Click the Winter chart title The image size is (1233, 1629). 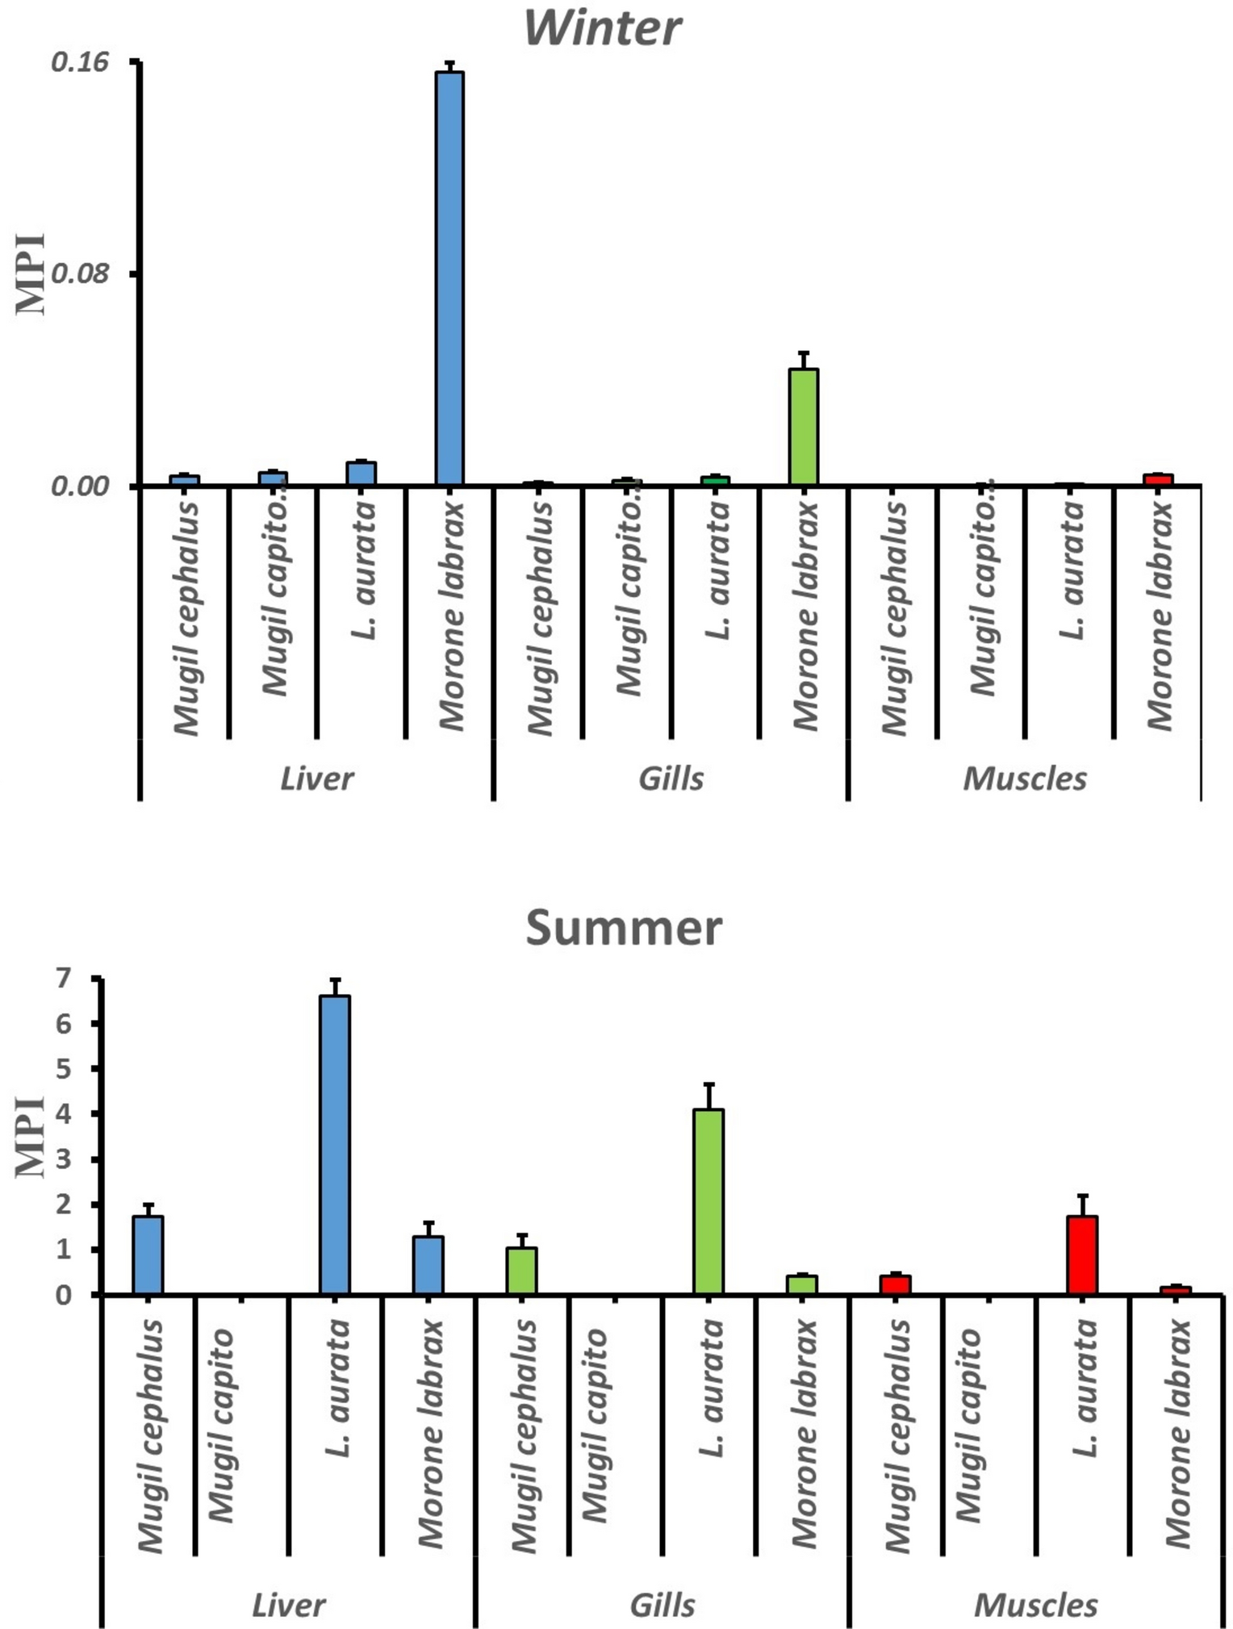pyautogui.click(x=602, y=28)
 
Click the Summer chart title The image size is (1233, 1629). pyautogui.click(x=623, y=928)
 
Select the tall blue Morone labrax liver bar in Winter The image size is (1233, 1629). pyautogui.click(x=449, y=278)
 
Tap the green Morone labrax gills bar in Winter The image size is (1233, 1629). pyautogui.click(x=803, y=427)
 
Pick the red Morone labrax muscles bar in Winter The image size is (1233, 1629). pyautogui.click(x=1158, y=480)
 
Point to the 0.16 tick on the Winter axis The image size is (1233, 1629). pyautogui.click(x=79, y=62)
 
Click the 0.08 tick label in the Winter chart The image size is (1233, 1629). pyautogui.click(x=79, y=274)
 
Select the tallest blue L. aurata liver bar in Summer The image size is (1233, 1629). pyautogui.click(x=335, y=1145)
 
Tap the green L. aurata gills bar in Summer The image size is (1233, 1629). pyautogui.click(x=708, y=1201)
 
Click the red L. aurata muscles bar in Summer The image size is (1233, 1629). pyautogui.click(x=1082, y=1255)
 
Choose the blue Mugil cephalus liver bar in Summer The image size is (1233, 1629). pyautogui.click(x=148, y=1255)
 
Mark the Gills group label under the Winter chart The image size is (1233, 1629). pyautogui.click(x=671, y=779)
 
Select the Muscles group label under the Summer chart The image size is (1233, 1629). pyautogui.click(x=1035, y=1605)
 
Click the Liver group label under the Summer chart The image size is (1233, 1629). pyautogui.click(x=288, y=1605)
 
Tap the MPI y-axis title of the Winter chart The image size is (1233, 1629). pyautogui.click(x=31, y=274)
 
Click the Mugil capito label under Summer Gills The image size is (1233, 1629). pyautogui.click(x=595, y=1426)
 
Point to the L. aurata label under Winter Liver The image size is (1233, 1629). pyautogui.click(x=364, y=570)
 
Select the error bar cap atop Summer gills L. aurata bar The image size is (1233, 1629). pyautogui.click(x=708, y=1084)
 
